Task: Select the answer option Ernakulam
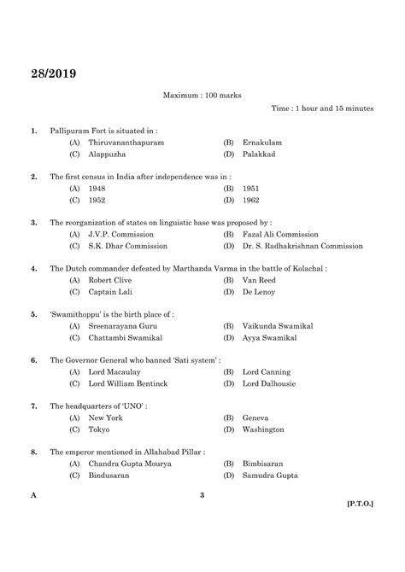click(x=261, y=142)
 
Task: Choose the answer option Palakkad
click(x=261, y=155)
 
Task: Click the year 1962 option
click(x=251, y=200)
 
